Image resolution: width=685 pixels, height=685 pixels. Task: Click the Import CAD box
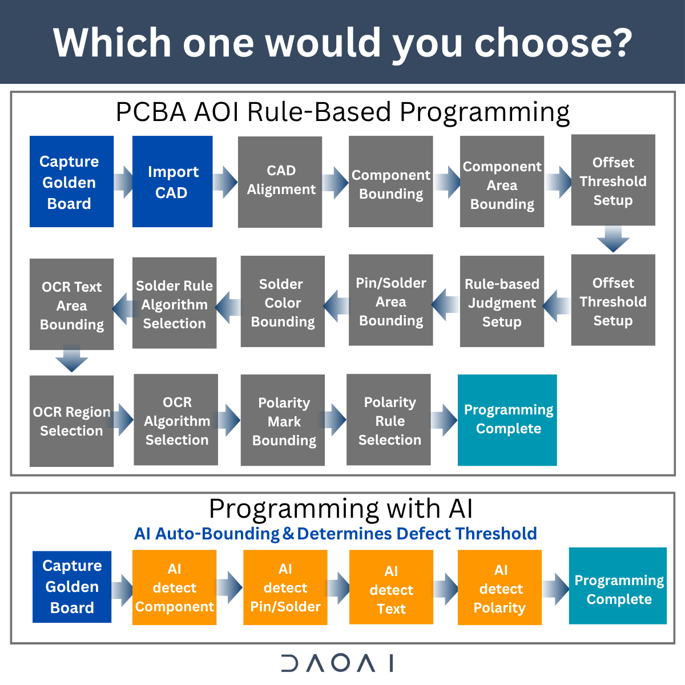[x=172, y=182]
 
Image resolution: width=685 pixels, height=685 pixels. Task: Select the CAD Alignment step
[x=280, y=182]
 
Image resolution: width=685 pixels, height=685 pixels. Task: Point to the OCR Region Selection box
[x=71, y=421]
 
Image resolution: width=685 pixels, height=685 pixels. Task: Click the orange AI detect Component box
[x=174, y=587]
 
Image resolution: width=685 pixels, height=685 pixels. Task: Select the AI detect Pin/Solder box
[x=285, y=587]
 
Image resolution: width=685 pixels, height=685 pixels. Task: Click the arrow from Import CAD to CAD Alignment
[x=225, y=182]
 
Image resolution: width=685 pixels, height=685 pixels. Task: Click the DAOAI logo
[x=337, y=663]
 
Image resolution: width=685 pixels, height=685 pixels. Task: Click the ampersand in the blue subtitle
[x=288, y=534]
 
